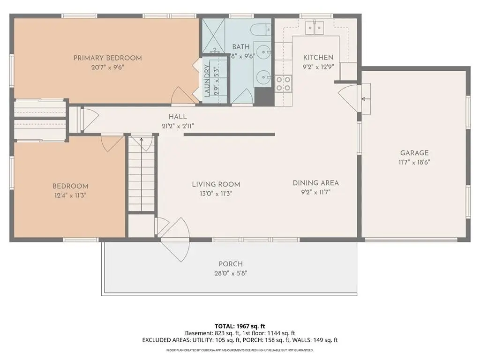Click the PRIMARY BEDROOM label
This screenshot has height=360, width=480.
pos(107,58)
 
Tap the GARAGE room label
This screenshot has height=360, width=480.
pos(414,153)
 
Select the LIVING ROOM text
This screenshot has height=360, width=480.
pos(216,184)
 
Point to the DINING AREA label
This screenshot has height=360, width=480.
pos(315,183)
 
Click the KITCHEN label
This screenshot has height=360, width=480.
pos(318,58)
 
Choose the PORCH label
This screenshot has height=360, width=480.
pos(231,264)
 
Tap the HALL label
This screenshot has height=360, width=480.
pos(178,117)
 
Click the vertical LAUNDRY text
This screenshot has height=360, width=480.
pos(207,81)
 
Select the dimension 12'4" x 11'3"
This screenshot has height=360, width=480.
pos(70,195)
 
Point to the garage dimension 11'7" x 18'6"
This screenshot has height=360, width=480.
pos(414,162)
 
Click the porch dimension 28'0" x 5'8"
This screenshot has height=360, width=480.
pos(231,273)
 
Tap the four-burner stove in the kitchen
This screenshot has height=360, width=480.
pos(284,83)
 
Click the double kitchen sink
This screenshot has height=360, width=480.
pos(315,28)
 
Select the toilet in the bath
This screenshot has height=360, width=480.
pos(261,30)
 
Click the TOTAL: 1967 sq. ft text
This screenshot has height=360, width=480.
pos(240,326)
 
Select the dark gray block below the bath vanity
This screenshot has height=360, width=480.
pos(264,96)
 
